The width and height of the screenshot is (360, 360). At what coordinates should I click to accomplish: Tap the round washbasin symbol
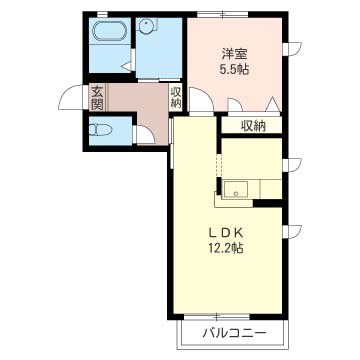pyautogui.click(x=146, y=29)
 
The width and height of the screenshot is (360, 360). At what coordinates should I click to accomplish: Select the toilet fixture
pyautogui.click(x=100, y=129)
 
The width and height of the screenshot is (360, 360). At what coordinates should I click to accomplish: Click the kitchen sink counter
pyautogui.click(x=241, y=187)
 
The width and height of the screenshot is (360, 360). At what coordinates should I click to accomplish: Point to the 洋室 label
pyautogui.click(x=234, y=53)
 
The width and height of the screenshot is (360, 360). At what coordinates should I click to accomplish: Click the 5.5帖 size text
pyautogui.click(x=234, y=70)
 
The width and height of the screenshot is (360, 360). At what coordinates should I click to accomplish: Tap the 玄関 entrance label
pyautogui.click(x=98, y=99)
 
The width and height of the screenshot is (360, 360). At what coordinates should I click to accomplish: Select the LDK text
pyautogui.click(x=227, y=228)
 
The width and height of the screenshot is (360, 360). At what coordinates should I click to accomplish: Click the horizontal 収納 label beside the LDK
pyautogui.click(x=253, y=125)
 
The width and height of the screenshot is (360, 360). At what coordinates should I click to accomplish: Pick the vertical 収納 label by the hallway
pyautogui.click(x=176, y=98)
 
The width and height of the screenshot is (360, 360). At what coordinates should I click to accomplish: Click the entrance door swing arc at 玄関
pyautogui.click(x=70, y=100)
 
